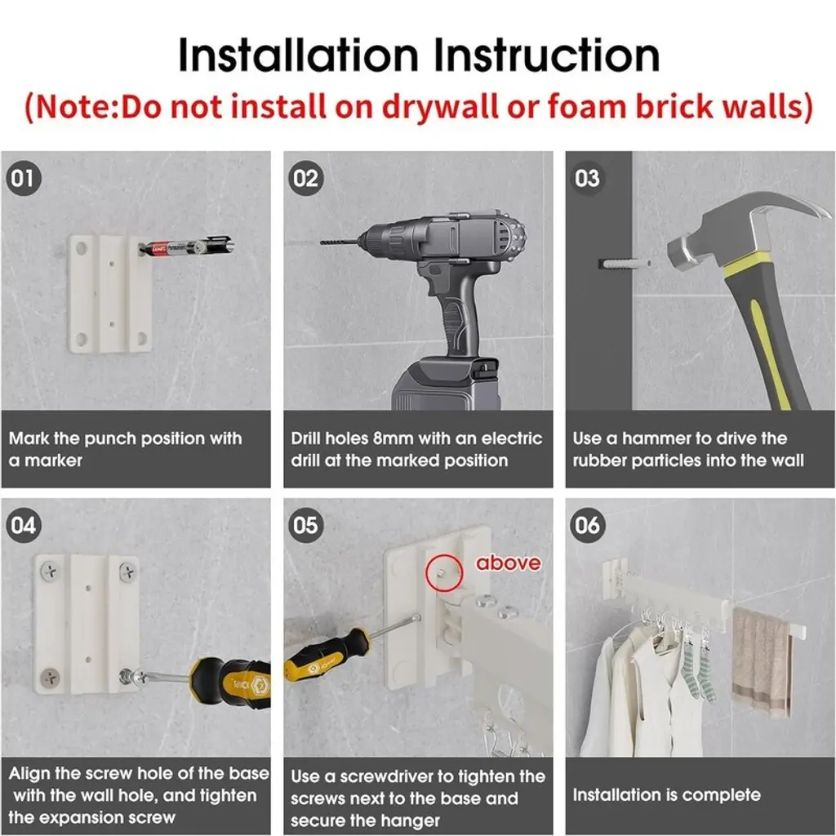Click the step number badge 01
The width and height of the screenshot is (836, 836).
23,178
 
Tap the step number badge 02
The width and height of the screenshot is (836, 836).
305,178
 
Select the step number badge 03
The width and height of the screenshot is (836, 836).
587,178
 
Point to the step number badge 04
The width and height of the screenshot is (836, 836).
23,526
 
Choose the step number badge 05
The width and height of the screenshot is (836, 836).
305,526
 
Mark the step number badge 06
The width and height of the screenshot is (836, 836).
587,526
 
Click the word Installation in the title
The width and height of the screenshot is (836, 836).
298,55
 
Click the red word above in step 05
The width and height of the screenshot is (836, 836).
508,563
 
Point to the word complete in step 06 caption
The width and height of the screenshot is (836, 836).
721,795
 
